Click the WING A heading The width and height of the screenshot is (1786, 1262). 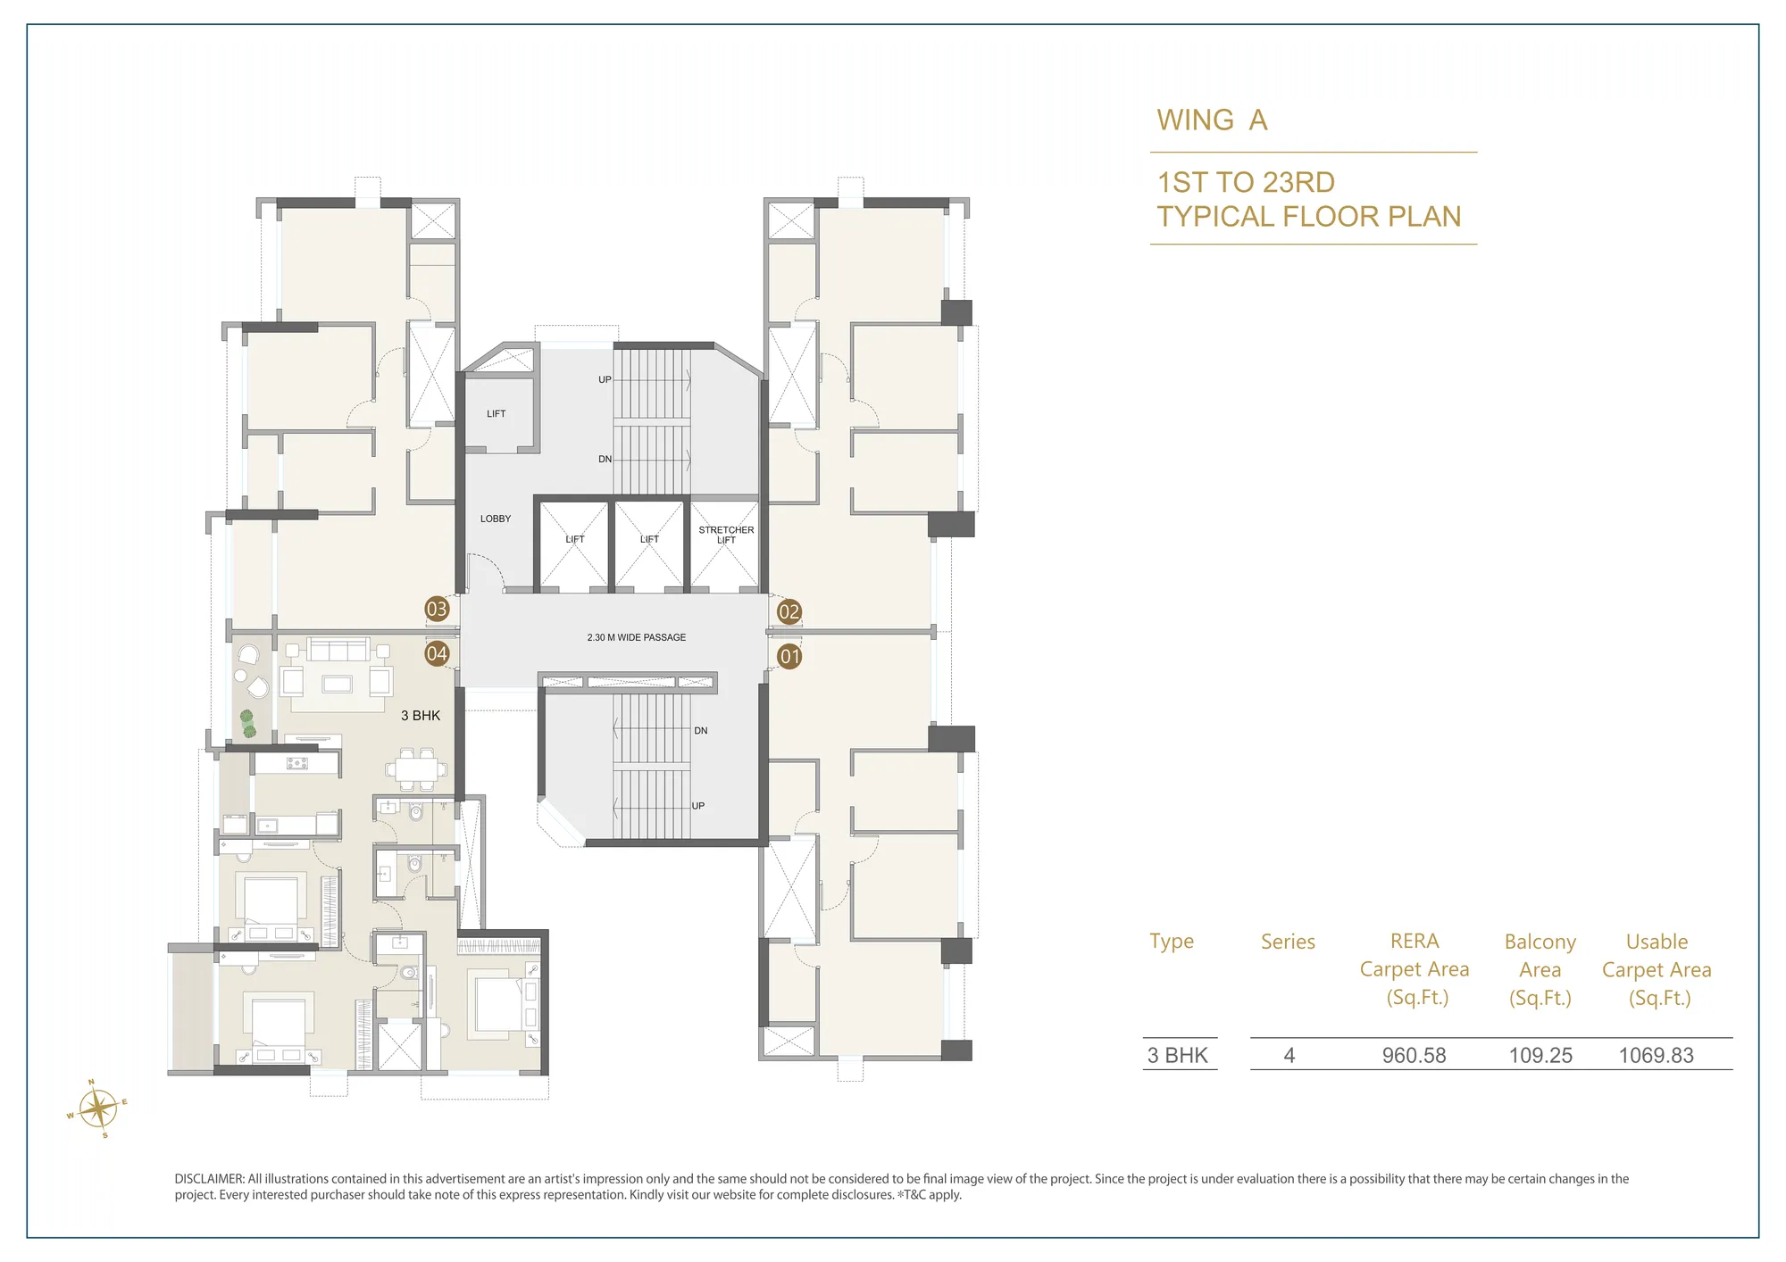1212,120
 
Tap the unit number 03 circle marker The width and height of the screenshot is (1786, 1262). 437,610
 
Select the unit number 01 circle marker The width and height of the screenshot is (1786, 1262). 790,657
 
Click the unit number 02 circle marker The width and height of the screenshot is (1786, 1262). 789,612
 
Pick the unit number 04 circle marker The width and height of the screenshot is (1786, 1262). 437,653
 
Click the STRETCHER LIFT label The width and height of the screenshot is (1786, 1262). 726,535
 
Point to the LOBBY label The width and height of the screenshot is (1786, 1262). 496,519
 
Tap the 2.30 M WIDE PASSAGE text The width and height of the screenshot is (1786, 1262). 637,637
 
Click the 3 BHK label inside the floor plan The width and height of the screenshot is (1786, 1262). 421,716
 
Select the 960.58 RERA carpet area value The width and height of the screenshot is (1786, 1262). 1414,1055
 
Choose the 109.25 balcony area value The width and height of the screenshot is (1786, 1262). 1540,1055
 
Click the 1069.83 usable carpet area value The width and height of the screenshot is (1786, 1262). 1656,1055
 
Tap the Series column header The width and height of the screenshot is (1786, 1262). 1288,942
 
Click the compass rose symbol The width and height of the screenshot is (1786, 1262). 98,1109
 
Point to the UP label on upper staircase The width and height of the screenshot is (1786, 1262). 605,380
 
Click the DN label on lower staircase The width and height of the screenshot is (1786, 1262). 701,731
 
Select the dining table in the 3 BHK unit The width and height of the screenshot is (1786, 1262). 415,770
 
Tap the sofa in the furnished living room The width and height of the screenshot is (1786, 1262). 338,649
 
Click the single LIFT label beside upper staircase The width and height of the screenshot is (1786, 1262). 497,414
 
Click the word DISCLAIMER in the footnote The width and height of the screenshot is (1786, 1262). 209,1179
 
